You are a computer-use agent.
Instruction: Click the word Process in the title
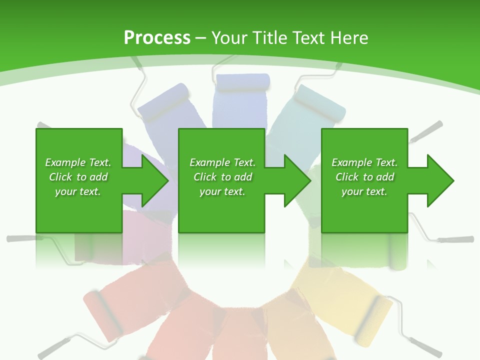click(157, 37)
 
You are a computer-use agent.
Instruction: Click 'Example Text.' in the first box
click(78, 162)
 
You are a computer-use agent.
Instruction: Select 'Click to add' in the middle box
click(222, 177)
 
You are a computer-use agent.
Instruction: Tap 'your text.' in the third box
click(364, 191)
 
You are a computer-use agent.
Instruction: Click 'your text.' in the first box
click(78, 191)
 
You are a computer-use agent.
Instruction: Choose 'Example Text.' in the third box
click(364, 162)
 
